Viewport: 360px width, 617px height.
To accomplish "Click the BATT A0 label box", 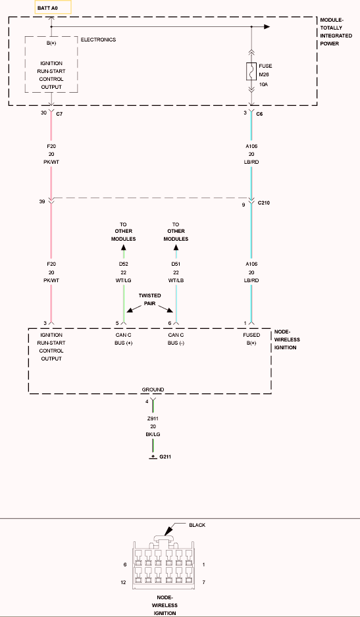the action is pyautogui.click(x=53, y=7).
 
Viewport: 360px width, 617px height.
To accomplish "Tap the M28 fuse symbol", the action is pyautogui.click(x=251, y=71).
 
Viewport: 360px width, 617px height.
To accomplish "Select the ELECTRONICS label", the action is pyautogui.click(x=99, y=39).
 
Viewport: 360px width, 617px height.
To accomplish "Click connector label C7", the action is pyautogui.click(x=60, y=113).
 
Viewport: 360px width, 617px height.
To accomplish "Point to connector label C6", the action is pyautogui.click(x=259, y=114).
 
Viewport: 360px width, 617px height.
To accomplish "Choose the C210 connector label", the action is pyautogui.click(x=264, y=203).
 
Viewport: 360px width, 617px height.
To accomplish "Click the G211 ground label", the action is pyautogui.click(x=165, y=457).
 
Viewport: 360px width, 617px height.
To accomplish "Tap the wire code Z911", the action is pyautogui.click(x=153, y=418).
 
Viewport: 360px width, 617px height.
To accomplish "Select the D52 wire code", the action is pyautogui.click(x=123, y=264).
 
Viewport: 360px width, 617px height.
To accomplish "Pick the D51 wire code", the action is pyautogui.click(x=176, y=264).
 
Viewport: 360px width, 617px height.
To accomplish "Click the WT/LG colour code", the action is pyautogui.click(x=123, y=281).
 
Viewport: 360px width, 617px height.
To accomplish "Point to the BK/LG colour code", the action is pyautogui.click(x=153, y=434).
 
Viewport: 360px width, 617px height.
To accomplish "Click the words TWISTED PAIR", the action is pyautogui.click(x=149, y=299).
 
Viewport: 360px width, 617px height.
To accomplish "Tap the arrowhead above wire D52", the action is pyautogui.click(x=124, y=247).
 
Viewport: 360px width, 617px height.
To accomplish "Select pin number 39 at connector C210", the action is pyautogui.click(x=41, y=201).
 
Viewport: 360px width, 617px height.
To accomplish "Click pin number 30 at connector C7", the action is pyautogui.click(x=43, y=113).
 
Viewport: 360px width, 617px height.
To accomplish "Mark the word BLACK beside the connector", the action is pyautogui.click(x=197, y=525).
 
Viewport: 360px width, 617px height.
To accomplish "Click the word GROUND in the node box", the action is pyautogui.click(x=153, y=389).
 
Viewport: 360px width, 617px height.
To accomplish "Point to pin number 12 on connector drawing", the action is pyautogui.click(x=123, y=582).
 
